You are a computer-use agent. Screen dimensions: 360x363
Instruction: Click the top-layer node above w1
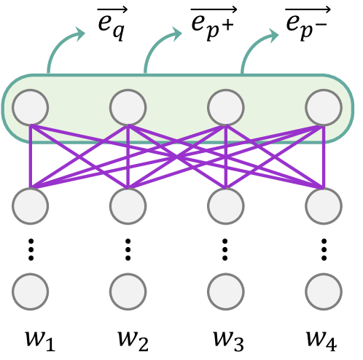(x=31, y=108)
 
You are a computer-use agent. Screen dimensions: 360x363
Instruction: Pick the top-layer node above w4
(x=324, y=108)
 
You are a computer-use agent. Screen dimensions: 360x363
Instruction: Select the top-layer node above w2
(x=128, y=108)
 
